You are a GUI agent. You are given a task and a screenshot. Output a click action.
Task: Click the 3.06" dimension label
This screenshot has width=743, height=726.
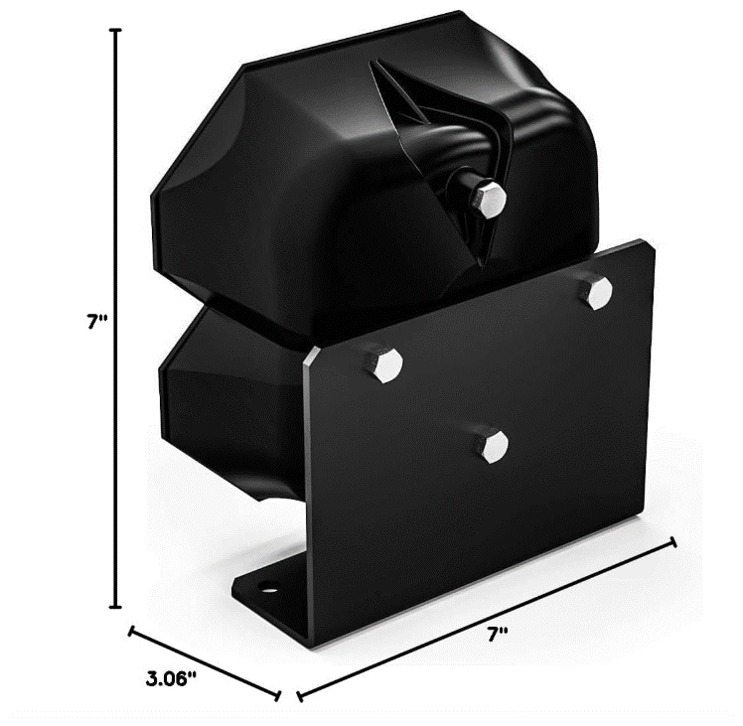tap(171, 679)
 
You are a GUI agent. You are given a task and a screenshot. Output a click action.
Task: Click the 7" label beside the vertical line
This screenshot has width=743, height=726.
tap(95, 321)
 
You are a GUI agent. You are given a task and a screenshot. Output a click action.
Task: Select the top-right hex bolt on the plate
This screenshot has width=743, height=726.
tap(597, 294)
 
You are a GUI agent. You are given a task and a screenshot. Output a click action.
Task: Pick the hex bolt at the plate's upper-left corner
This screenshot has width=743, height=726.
tap(383, 363)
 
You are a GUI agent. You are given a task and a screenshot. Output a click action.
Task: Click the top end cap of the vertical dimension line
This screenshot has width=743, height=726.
tap(116, 30)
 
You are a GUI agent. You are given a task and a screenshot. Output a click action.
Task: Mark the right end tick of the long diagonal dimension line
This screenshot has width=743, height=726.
tap(674, 542)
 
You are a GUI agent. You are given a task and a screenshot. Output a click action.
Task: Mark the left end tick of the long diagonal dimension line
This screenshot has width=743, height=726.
tap(299, 693)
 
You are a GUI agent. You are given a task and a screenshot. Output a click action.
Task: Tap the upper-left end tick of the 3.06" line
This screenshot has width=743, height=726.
tap(132, 630)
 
